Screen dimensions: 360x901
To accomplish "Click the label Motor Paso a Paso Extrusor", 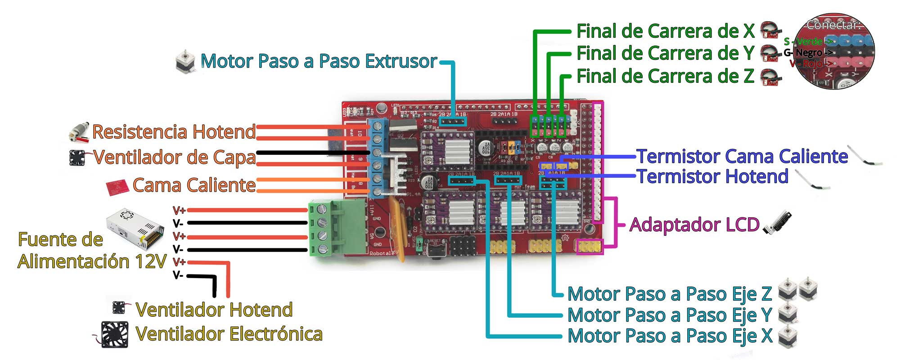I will click(x=319, y=61).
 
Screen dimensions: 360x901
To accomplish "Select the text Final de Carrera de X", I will click(x=665, y=31).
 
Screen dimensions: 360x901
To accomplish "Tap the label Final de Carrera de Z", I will click(x=665, y=76).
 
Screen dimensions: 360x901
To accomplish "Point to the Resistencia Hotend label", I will click(x=174, y=132).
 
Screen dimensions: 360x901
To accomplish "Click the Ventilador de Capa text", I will click(x=174, y=157).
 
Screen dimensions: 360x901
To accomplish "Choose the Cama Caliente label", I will click(x=194, y=185).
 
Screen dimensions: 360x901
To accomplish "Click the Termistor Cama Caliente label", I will click(x=742, y=156).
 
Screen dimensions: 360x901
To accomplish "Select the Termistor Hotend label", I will click(x=712, y=176).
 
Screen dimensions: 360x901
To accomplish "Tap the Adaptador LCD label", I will click(x=694, y=225).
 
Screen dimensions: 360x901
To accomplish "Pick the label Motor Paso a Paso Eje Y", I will click(x=670, y=315).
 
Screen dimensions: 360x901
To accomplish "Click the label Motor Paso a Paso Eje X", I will click(x=670, y=336).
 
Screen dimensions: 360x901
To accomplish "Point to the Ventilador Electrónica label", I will click(x=229, y=334).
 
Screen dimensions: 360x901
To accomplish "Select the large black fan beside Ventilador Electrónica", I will click(x=114, y=334).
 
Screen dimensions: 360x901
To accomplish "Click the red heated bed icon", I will click(x=117, y=187).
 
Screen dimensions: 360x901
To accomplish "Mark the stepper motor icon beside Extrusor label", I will click(x=185, y=62).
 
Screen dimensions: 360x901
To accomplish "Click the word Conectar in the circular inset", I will click(x=833, y=25).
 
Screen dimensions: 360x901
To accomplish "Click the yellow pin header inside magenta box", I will click(x=590, y=246).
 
